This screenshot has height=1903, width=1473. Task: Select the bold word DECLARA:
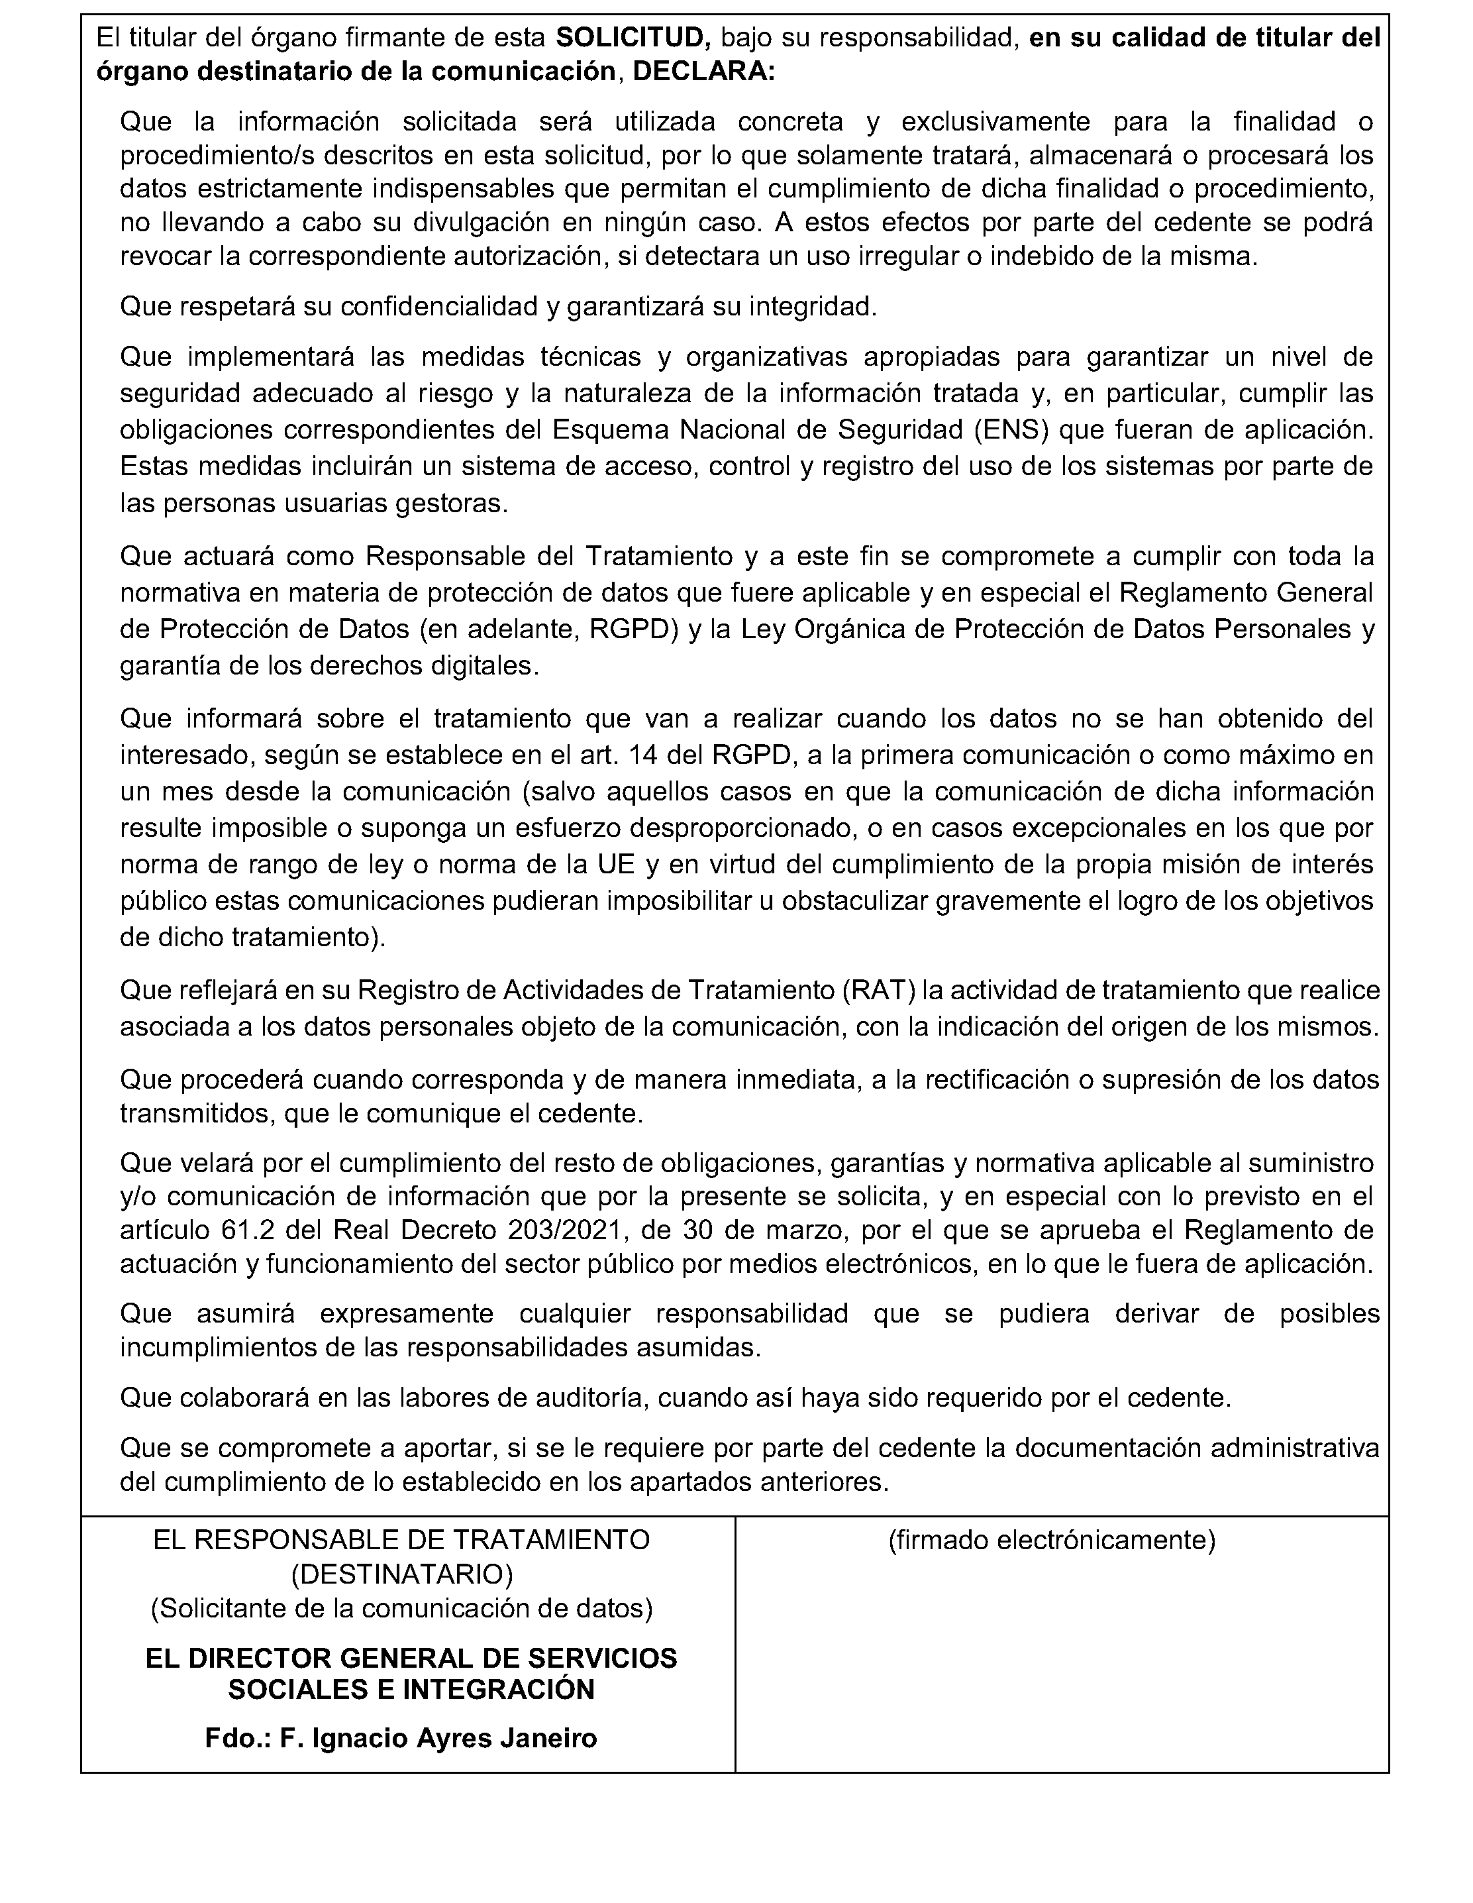click(x=703, y=72)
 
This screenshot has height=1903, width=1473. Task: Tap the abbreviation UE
click(x=616, y=864)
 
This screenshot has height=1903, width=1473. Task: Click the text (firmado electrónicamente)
click(x=1051, y=1540)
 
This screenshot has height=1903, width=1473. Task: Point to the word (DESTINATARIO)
click(x=401, y=1574)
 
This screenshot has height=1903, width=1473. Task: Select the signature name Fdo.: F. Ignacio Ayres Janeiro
click(x=401, y=1738)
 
